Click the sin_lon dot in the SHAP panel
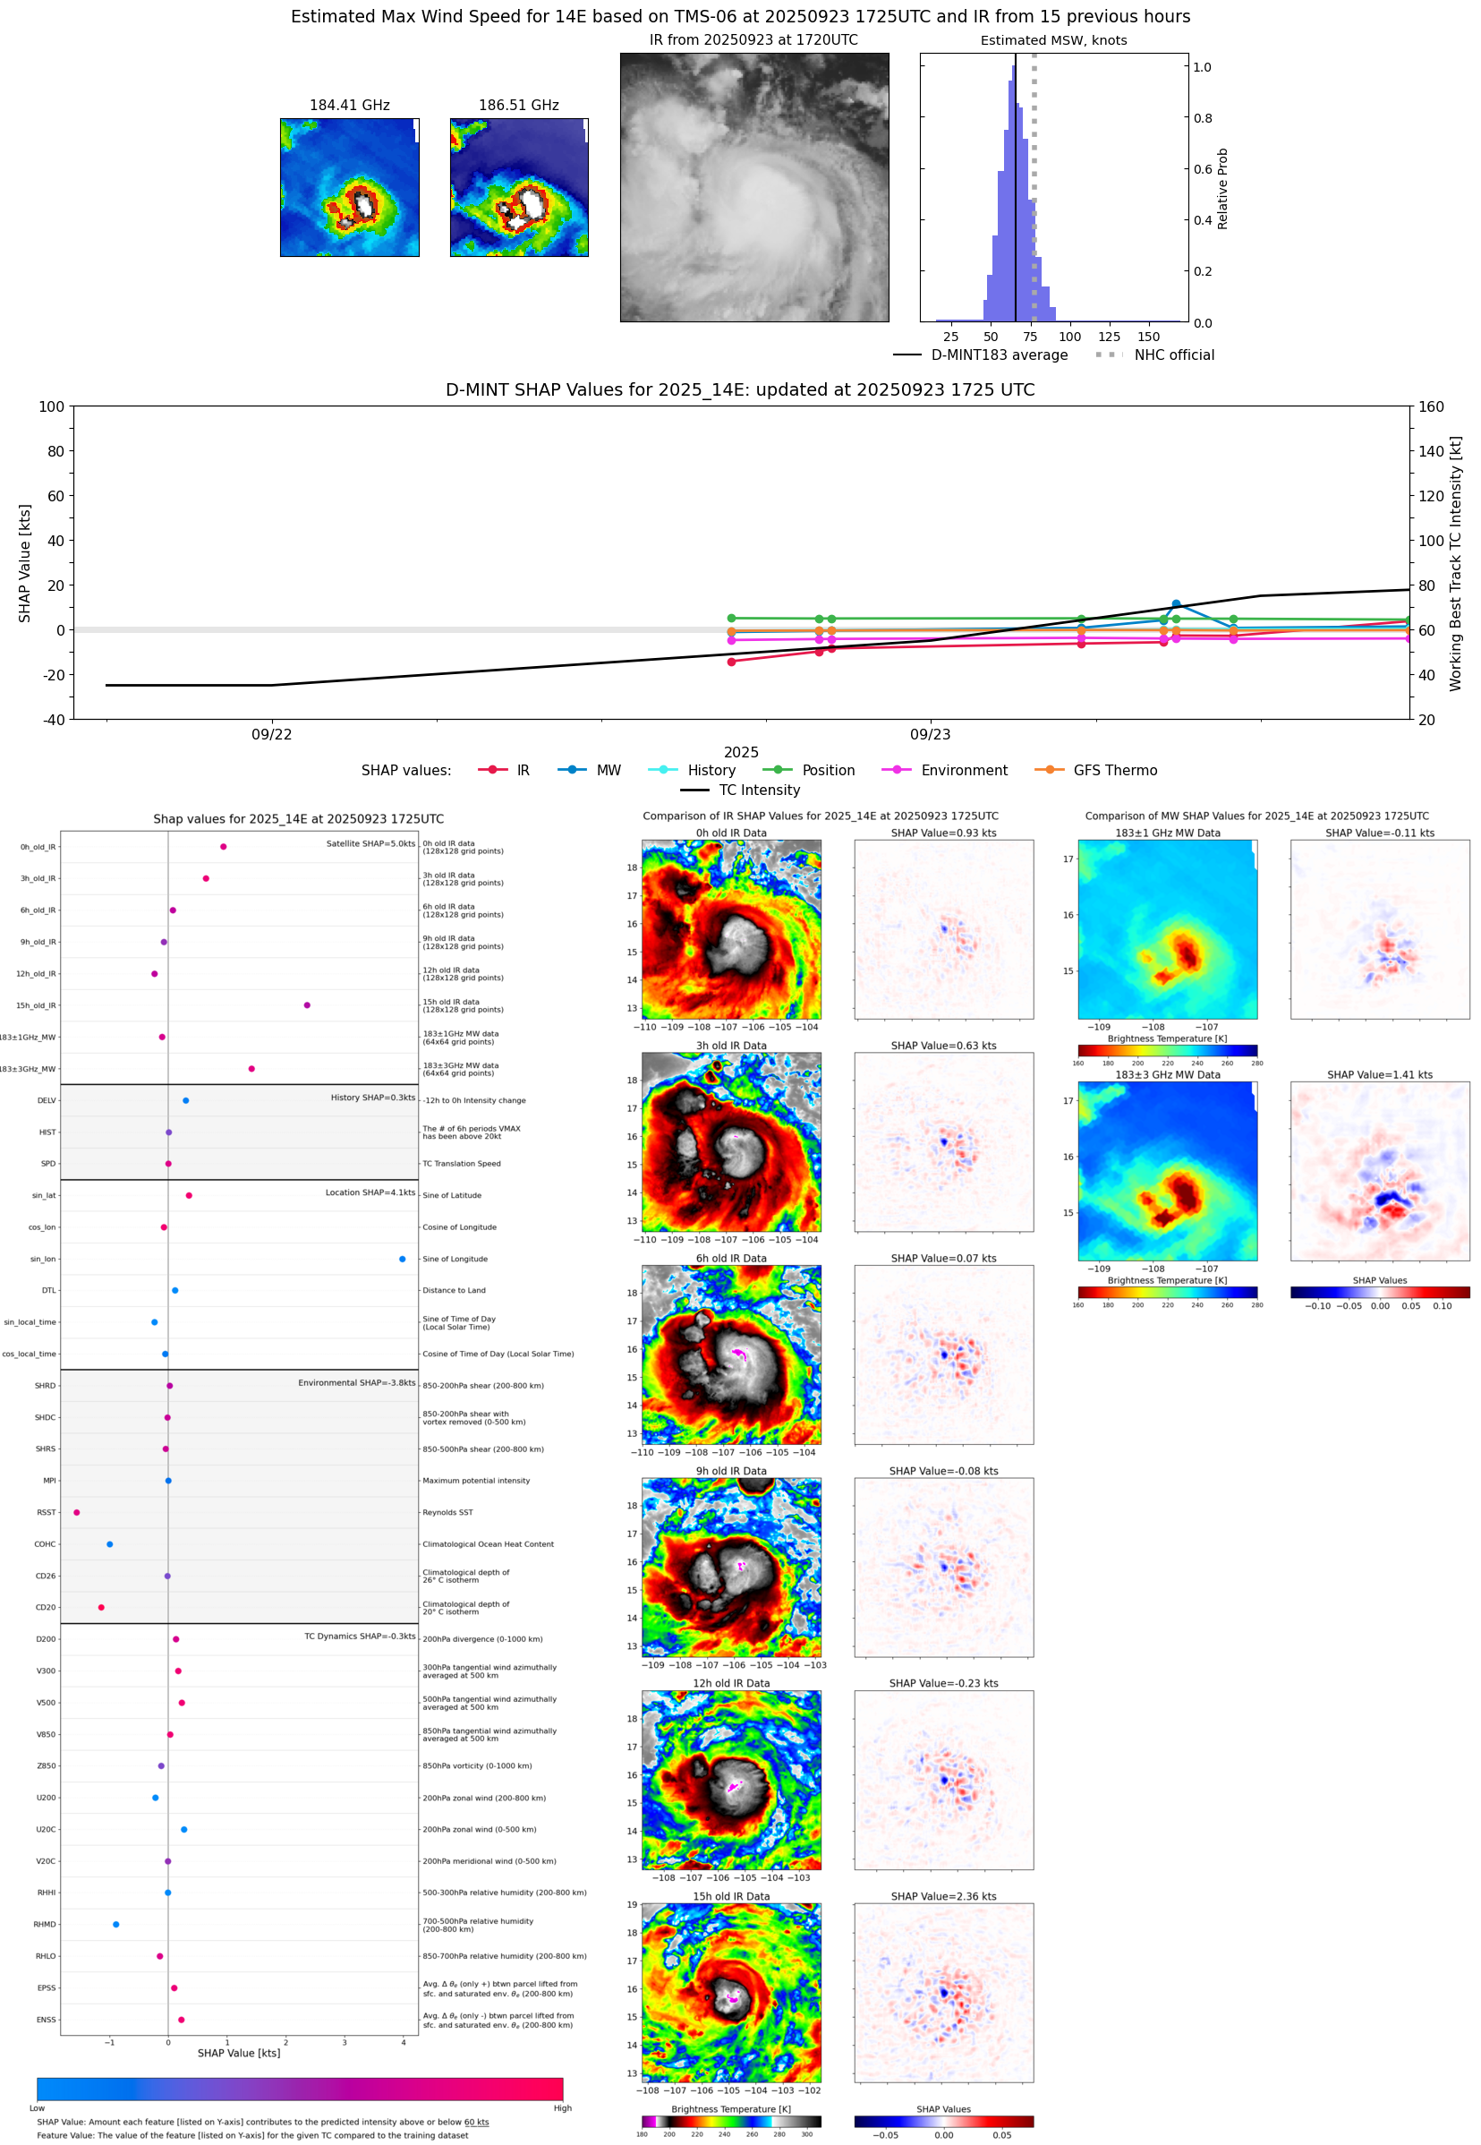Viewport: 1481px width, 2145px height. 402,1259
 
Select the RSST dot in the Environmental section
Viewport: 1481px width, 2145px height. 77,1512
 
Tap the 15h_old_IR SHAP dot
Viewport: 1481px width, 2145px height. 307,1005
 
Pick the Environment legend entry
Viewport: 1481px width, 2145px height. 963,771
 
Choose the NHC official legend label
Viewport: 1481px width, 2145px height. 1174,355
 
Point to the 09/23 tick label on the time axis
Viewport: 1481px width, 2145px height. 930,734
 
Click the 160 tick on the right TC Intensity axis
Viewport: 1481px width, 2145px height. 1431,406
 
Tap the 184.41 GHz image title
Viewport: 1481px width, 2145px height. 349,105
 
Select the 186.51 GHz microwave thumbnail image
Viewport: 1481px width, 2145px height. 519,187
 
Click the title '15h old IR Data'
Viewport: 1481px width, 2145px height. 731,1896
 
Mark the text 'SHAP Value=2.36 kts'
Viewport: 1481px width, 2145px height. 944,1896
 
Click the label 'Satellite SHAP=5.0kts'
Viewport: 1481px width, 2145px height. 370,843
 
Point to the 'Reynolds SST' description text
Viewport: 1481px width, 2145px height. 447,1512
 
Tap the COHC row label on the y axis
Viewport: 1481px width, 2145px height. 46,1544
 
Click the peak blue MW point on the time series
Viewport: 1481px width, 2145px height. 1176,604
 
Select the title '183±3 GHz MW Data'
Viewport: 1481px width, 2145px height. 1168,1075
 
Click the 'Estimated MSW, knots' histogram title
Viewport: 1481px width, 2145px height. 1053,40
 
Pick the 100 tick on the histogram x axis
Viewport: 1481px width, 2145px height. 1070,337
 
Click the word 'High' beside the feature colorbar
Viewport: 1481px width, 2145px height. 562,2108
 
